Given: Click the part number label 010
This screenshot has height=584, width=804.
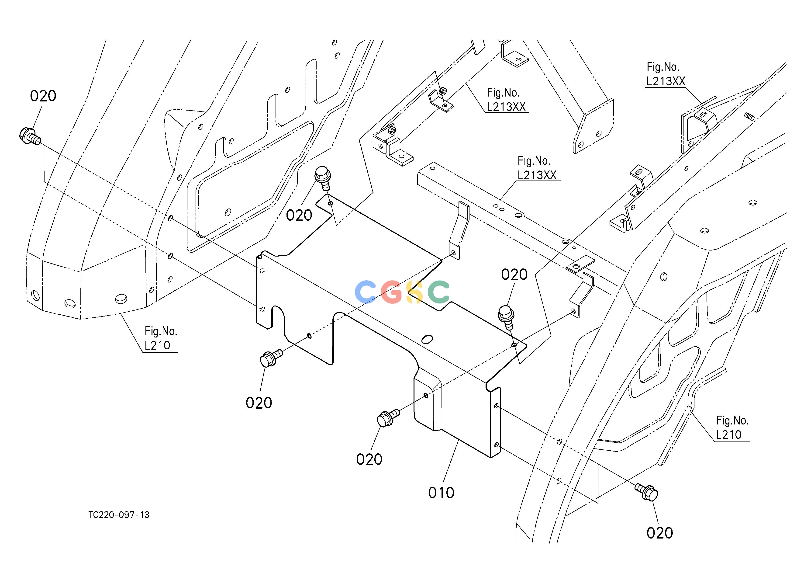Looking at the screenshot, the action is (x=441, y=493).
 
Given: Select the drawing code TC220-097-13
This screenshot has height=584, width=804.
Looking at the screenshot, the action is (x=119, y=515).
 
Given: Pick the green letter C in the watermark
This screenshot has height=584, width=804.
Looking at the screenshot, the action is (x=438, y=292).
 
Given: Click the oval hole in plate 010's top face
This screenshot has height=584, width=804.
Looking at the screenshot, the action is (x=427, y=339).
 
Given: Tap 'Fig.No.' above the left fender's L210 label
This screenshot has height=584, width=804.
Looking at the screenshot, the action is (x=161, y=331).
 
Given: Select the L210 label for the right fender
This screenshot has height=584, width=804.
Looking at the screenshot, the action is (x=728, y=435).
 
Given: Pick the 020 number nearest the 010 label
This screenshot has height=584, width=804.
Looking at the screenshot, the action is (x=369, y=459).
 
